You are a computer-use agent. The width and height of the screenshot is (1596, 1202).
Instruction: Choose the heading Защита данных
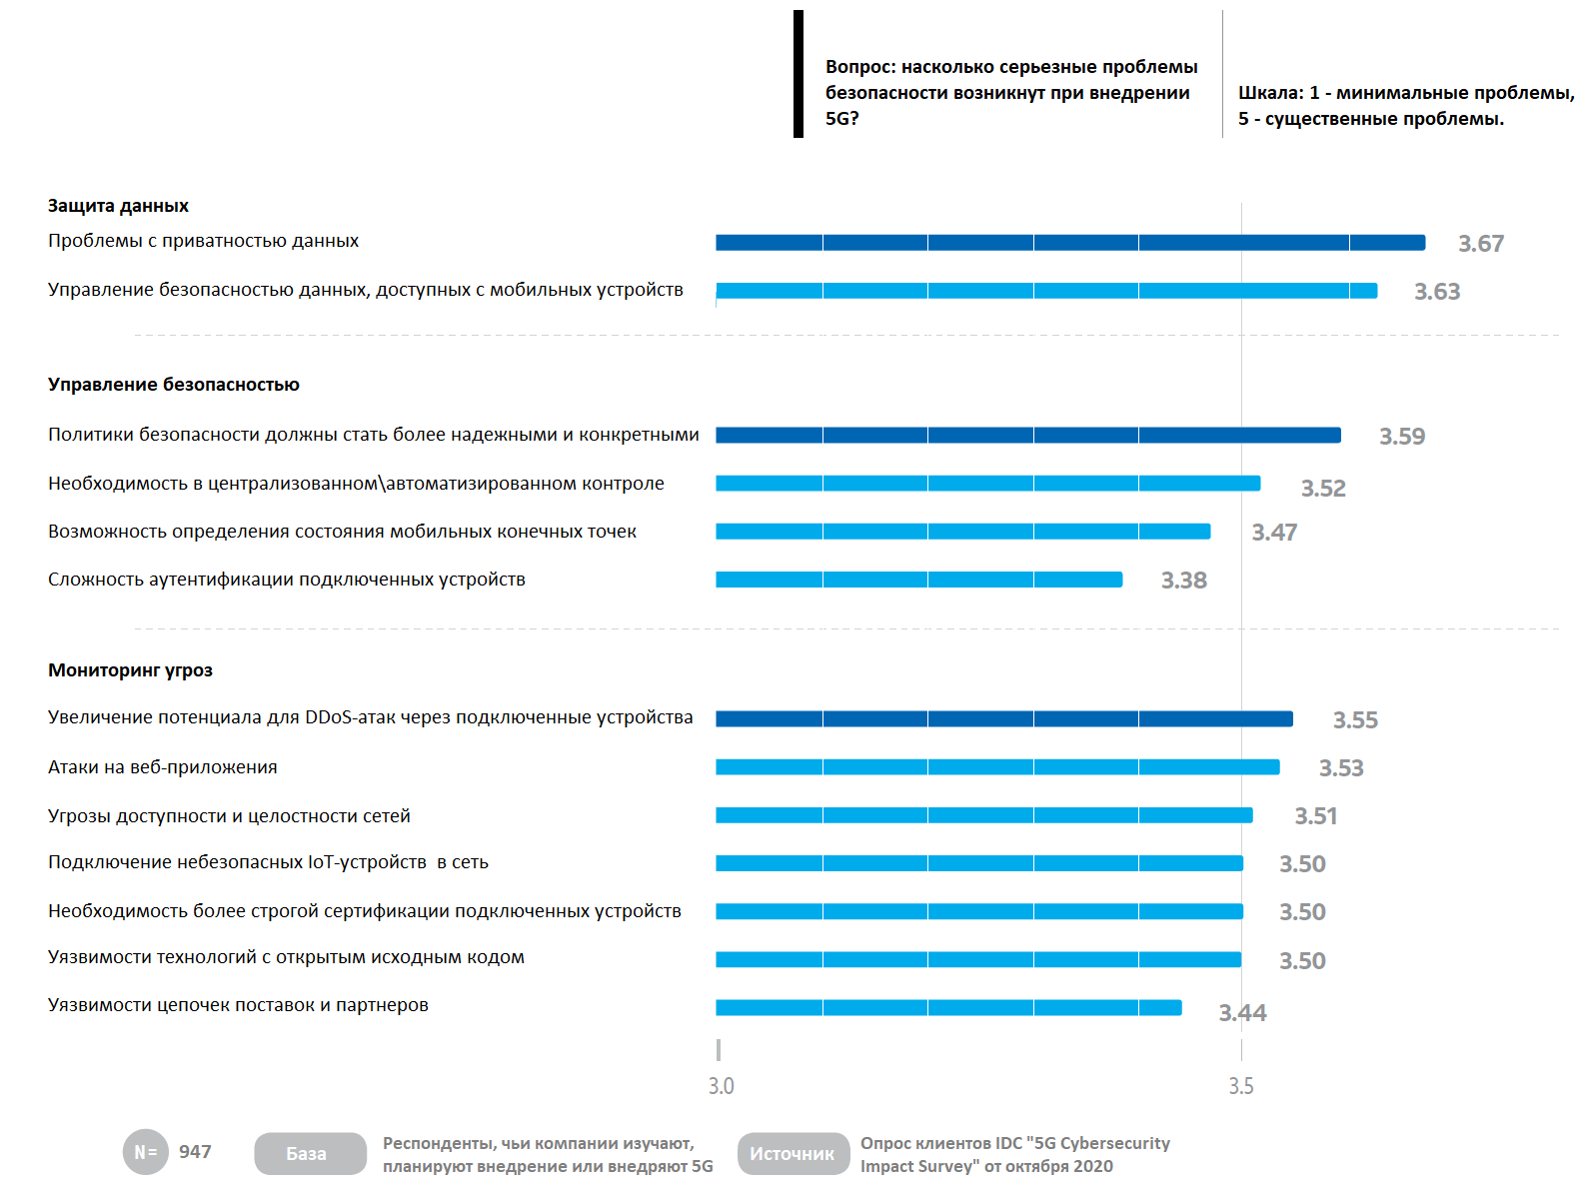pyautogui.click(x=118, y=206)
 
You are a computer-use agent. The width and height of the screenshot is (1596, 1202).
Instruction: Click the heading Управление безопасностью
pyautogui.click(x=173, y=384)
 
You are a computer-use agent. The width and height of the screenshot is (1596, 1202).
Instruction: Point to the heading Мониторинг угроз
pyautogui.click(x=130, y=669)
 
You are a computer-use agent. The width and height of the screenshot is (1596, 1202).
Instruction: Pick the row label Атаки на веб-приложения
pyautogui.click(x=162, y=766)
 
